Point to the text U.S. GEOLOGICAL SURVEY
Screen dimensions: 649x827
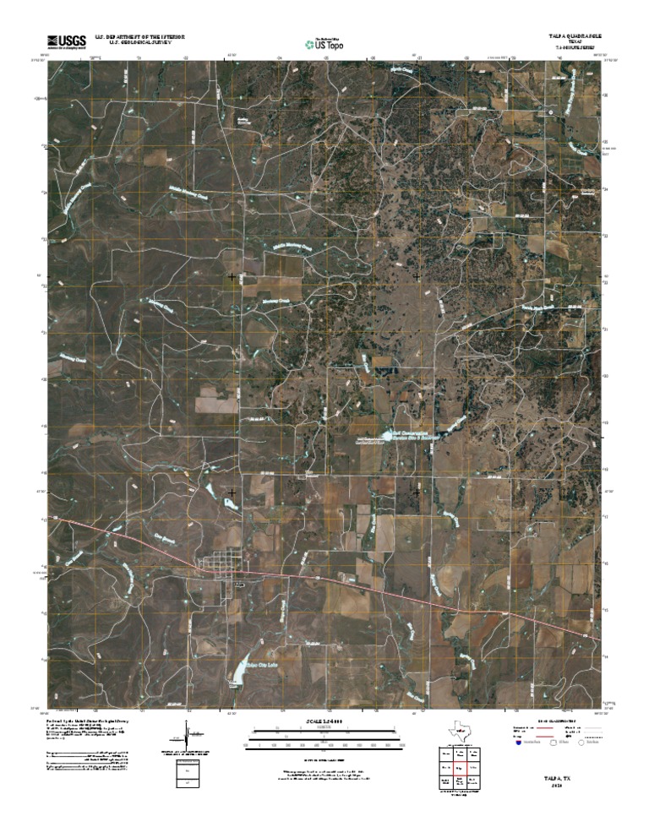click(x=139, y=42)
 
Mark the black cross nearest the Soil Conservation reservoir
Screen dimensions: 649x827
click(x=417, y=492)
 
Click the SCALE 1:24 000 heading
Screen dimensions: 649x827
click(x=324, y=722)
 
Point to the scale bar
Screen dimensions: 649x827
click(x=324, y=742)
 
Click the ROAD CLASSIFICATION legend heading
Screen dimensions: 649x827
click(x=557, y=721)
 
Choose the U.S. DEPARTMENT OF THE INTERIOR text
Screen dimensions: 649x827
click(x=139, y=36)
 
